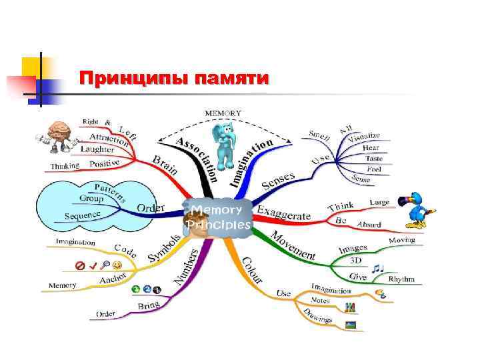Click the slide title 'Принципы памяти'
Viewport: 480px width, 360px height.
pos(173,79)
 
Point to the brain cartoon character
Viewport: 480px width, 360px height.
pos(58,138)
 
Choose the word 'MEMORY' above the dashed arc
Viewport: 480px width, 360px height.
pos(223,113)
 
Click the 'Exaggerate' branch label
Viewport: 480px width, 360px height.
pos(284,214)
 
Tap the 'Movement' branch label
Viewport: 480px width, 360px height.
pos(293,245)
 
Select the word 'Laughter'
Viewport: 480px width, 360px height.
pos(97,149)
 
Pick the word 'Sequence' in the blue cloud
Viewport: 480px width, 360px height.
pos(83,215)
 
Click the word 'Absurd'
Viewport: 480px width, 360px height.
pos(369,225)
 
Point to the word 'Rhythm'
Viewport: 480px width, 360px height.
pos(401,279)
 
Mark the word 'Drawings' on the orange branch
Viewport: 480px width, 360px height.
pos(317,316)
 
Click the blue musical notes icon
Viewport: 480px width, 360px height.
pos(378,268)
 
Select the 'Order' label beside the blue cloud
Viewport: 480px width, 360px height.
pos(151,207)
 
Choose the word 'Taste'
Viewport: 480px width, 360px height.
pos(373,159)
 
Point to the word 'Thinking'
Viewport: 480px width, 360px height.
pos(65,165)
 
